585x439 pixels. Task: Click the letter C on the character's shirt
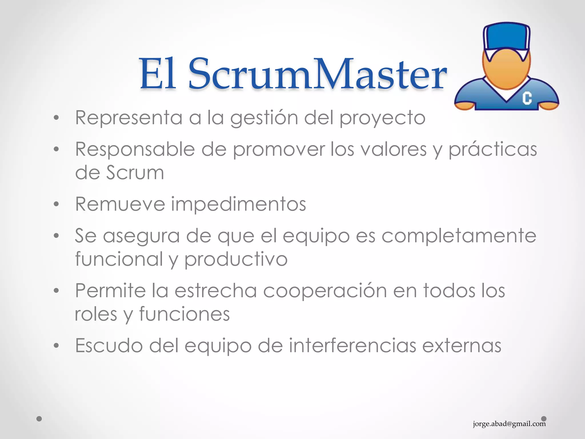(527, 98)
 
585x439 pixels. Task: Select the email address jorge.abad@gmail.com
(509, 424)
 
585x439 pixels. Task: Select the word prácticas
(492, 150)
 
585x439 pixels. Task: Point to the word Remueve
(120, 204)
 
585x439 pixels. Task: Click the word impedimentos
(239, 205)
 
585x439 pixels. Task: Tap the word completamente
(459, 236)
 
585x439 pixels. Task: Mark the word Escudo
(109, 346)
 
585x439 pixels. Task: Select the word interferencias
(352, 346)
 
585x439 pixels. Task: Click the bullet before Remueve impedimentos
(56, 204)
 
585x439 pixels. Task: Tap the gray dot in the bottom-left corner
(39, 419)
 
